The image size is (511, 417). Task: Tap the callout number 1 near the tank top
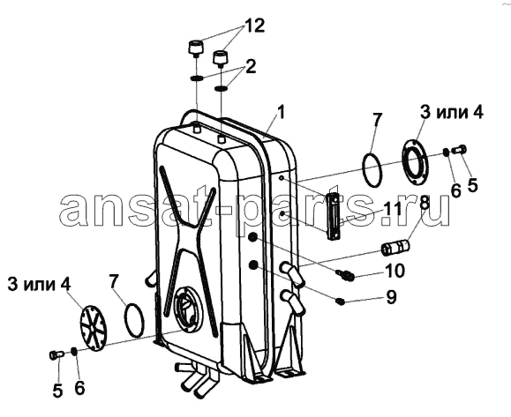click(281, 113)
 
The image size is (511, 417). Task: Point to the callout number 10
click(395, 270)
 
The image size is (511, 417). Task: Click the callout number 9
click(391, 297)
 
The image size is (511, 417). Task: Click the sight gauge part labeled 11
click(334, 216)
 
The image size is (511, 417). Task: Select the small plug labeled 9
click(340, 302)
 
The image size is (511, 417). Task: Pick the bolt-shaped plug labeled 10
click(344, 275)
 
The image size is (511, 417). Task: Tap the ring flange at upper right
click(415, 162)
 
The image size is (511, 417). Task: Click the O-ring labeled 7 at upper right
click(372, 169)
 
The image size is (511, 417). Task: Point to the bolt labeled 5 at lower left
click(56, 354)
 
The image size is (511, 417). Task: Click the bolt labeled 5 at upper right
click(459, 150)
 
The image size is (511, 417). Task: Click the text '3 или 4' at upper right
click(451, 113)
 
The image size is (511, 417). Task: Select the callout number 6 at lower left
click(79, 389)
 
